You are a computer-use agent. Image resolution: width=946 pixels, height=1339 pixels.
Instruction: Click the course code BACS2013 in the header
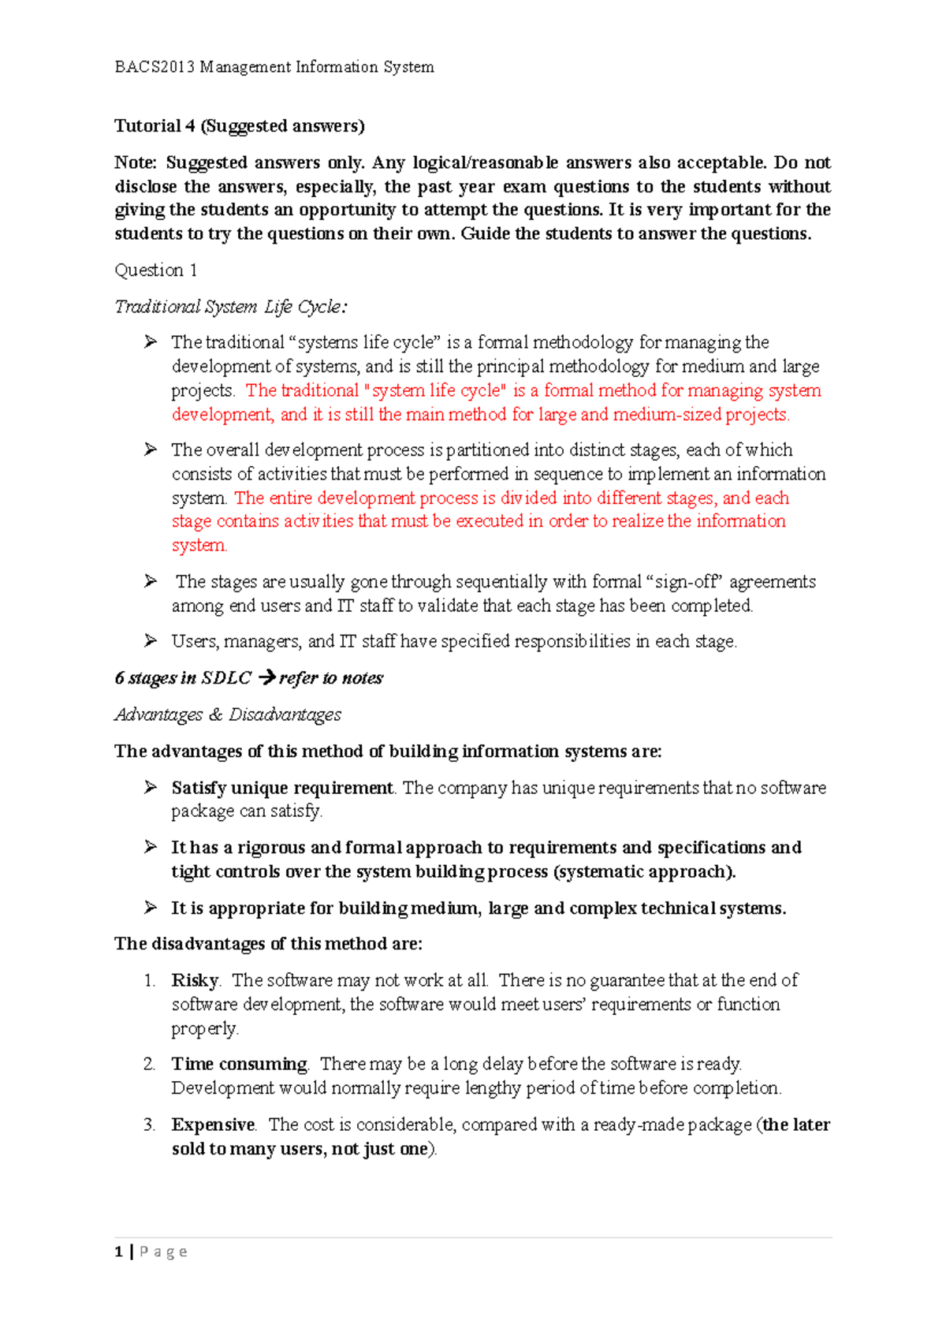click(155, 67)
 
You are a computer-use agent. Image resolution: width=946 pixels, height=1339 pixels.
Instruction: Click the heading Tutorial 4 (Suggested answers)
click(240, 126)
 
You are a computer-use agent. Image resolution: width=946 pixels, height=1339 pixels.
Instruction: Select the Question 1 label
click(156, 270)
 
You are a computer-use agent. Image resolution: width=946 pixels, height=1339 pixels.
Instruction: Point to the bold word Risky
click(195, 980)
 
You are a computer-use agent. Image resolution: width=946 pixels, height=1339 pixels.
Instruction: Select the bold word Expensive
click(213, 1125)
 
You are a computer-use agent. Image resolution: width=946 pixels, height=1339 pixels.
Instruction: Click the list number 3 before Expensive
click(149, 1125)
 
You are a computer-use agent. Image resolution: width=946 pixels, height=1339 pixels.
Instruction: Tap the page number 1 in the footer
click(119, 1251)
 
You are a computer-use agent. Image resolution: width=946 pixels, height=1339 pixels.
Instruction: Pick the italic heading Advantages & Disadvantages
click(228, 714)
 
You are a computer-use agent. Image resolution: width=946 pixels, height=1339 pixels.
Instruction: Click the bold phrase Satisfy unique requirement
click(282, 788)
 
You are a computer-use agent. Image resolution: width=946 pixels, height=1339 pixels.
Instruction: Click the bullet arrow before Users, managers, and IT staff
click(151, 640)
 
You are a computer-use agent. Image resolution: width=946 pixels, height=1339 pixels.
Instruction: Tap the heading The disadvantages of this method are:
click(269, 944)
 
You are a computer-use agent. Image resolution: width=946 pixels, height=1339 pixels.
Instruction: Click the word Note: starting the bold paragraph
click(136, 162)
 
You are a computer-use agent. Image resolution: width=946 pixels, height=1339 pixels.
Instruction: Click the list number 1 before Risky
click(149, 980)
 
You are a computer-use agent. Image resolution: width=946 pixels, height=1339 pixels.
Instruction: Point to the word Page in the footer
click(164, 1251)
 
